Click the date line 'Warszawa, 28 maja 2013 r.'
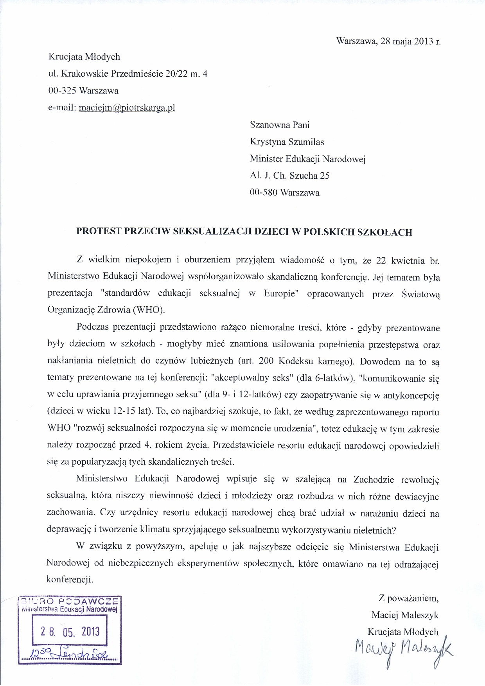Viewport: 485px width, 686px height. (388, 41)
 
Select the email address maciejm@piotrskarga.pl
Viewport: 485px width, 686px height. (127, 108)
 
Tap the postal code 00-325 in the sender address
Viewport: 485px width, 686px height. (62, 91)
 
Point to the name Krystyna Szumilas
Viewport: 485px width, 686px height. (287, 142)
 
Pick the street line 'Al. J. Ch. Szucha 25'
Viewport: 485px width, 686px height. (289, 176)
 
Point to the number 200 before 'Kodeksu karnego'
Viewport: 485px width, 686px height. (266, 362)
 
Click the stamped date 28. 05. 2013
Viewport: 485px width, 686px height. (70, 631)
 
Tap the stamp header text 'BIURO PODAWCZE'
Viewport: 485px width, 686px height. (70, 602)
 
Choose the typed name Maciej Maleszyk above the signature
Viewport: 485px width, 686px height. (405, 615)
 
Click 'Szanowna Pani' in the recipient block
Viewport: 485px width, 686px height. (280, 125)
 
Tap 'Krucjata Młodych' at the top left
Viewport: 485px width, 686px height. (84, 57)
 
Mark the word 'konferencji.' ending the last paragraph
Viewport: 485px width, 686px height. (70, 580)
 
